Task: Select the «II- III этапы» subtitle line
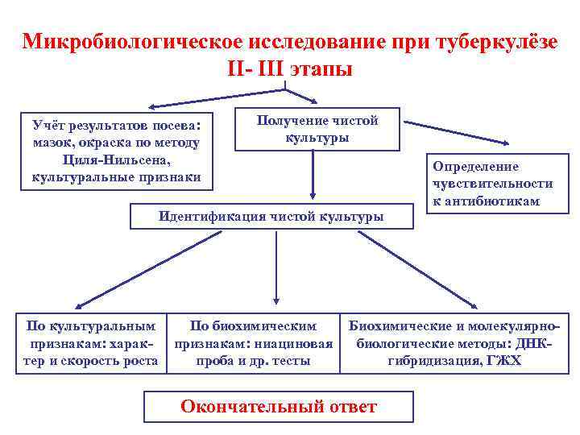pos(289,68)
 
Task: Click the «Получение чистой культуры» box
pos(317,129)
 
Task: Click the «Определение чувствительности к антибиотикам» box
pos(492,184)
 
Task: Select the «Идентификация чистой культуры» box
pos(271,216)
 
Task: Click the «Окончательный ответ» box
pos(278,407)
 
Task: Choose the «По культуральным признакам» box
pos(91,343)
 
